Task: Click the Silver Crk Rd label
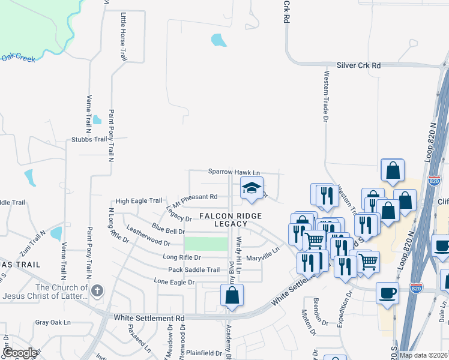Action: tap(358, 65)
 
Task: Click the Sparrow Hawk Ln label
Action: tap(234, 172)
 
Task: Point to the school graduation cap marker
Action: tap(252, 189)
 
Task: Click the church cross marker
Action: tap(97, 292)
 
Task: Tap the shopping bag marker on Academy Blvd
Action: tap(232, 296)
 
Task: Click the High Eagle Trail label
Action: tap(139, 201)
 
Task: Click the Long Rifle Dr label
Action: tap(182, 257)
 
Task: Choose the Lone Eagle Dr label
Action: tap(175, 281)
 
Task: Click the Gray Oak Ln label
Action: tap(53, 322)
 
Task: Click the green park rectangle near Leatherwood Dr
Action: tap(206, 244)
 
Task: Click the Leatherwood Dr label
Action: tap(148, 237)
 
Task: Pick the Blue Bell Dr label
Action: tap(169, 230)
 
